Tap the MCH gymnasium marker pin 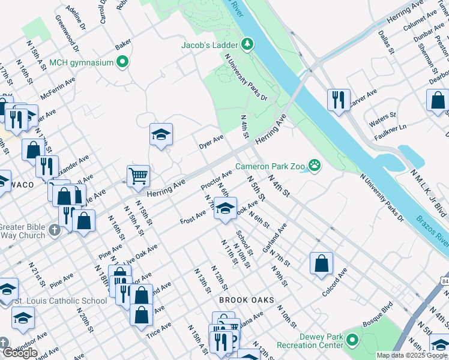(x=123, y=62)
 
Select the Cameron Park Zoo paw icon (x=313, y=164)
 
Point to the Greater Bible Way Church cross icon (x=54, y=230)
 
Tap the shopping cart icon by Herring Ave (x=138, y=176)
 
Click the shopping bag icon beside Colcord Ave (x=321, y=262)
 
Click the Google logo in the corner (x=20, y=353)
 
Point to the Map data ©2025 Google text (x=411, y=355)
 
